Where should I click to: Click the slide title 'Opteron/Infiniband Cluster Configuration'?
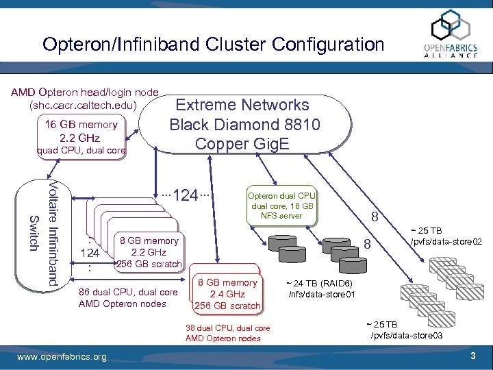tap(213, 45)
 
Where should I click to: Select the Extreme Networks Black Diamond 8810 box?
tap(244, 125)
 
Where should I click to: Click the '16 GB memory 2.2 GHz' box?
tap(81, 131)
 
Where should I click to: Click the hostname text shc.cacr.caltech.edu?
tap(83, 106)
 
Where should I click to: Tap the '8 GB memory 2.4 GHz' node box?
tap(227, 293)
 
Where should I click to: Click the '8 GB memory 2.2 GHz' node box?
tap(148, 252)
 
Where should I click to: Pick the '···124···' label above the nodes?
tap(184, 195)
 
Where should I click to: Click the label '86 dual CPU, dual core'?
tap(129, 293)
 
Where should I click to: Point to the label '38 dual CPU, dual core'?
tap(227, 328)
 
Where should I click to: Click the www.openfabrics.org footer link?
tap(62, 357)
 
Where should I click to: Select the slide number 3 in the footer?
tap(472, 356)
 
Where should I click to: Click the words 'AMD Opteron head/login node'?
tap(84, 92)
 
